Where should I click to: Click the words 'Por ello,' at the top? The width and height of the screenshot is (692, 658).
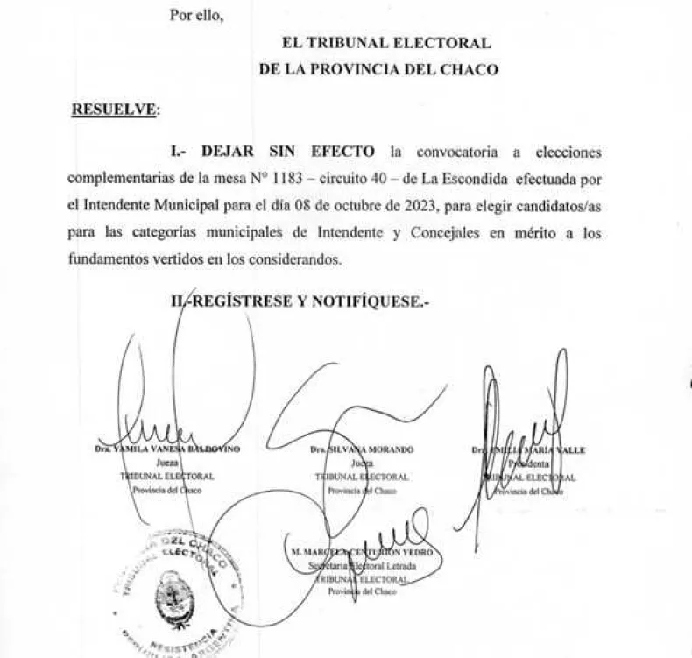198,15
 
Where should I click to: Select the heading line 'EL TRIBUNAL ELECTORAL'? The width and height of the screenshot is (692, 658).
385,43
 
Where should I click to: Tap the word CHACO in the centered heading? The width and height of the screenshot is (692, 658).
474,70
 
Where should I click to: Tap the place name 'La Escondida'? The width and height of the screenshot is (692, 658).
462,179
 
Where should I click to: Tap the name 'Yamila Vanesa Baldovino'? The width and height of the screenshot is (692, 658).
166,449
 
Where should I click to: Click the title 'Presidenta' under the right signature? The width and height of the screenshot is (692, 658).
530,463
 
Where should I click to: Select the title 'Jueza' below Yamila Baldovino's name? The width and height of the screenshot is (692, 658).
166,463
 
